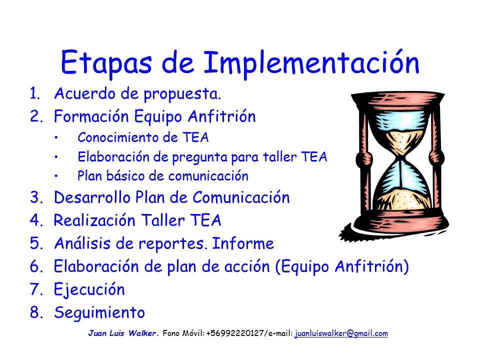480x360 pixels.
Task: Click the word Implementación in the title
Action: [311, 63]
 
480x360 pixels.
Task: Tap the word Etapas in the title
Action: [106, 63]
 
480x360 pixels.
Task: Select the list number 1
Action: [34, 93]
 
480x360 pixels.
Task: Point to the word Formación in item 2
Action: [91, 116]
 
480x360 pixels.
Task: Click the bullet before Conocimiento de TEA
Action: [56, 138]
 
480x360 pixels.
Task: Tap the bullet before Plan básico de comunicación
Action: [56, 176]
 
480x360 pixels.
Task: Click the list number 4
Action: [35, 220]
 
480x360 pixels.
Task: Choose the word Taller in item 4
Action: [163, 220]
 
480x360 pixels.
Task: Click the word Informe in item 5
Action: [243, 243]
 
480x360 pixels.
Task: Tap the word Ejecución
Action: [89, 290]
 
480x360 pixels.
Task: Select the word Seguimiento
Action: [99, 313]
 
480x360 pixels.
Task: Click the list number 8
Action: [35, 312]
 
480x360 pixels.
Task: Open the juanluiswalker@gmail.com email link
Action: [341, 333]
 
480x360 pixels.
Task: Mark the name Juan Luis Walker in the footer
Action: [122, 333]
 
